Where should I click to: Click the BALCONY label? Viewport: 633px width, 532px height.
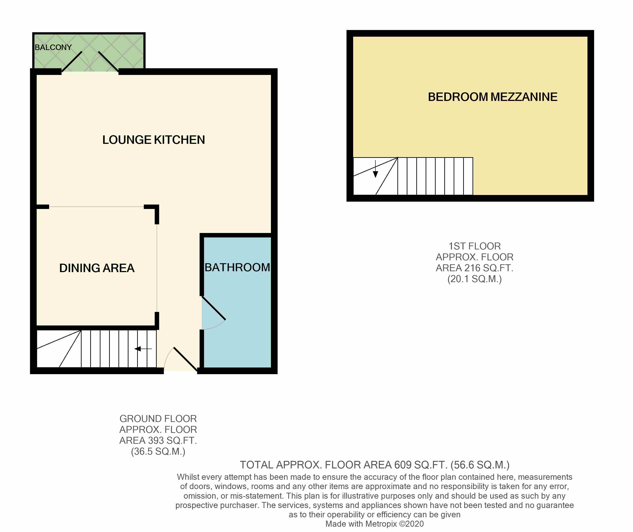(53, 47)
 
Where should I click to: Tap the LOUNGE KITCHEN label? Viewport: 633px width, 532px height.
(154, 140)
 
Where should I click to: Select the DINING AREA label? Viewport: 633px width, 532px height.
(97, 268)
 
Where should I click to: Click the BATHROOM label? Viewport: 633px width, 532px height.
(237, 267)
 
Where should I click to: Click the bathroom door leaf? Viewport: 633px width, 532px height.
(214, 308)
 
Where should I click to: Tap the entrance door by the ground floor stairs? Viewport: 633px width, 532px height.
(185, 359)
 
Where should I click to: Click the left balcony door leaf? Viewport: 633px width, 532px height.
(72, 62)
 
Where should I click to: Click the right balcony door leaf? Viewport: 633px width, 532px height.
(108, 62)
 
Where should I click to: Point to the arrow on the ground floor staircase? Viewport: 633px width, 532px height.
(143, 349)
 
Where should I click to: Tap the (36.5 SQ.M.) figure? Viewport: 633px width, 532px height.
(158, 452)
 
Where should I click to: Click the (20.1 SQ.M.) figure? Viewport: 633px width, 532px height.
(474, 279)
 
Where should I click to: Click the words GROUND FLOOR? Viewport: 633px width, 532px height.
(158, 419)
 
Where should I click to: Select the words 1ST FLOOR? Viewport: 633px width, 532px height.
(474, 246)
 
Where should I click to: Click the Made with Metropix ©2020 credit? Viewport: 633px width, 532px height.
(374, 524)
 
